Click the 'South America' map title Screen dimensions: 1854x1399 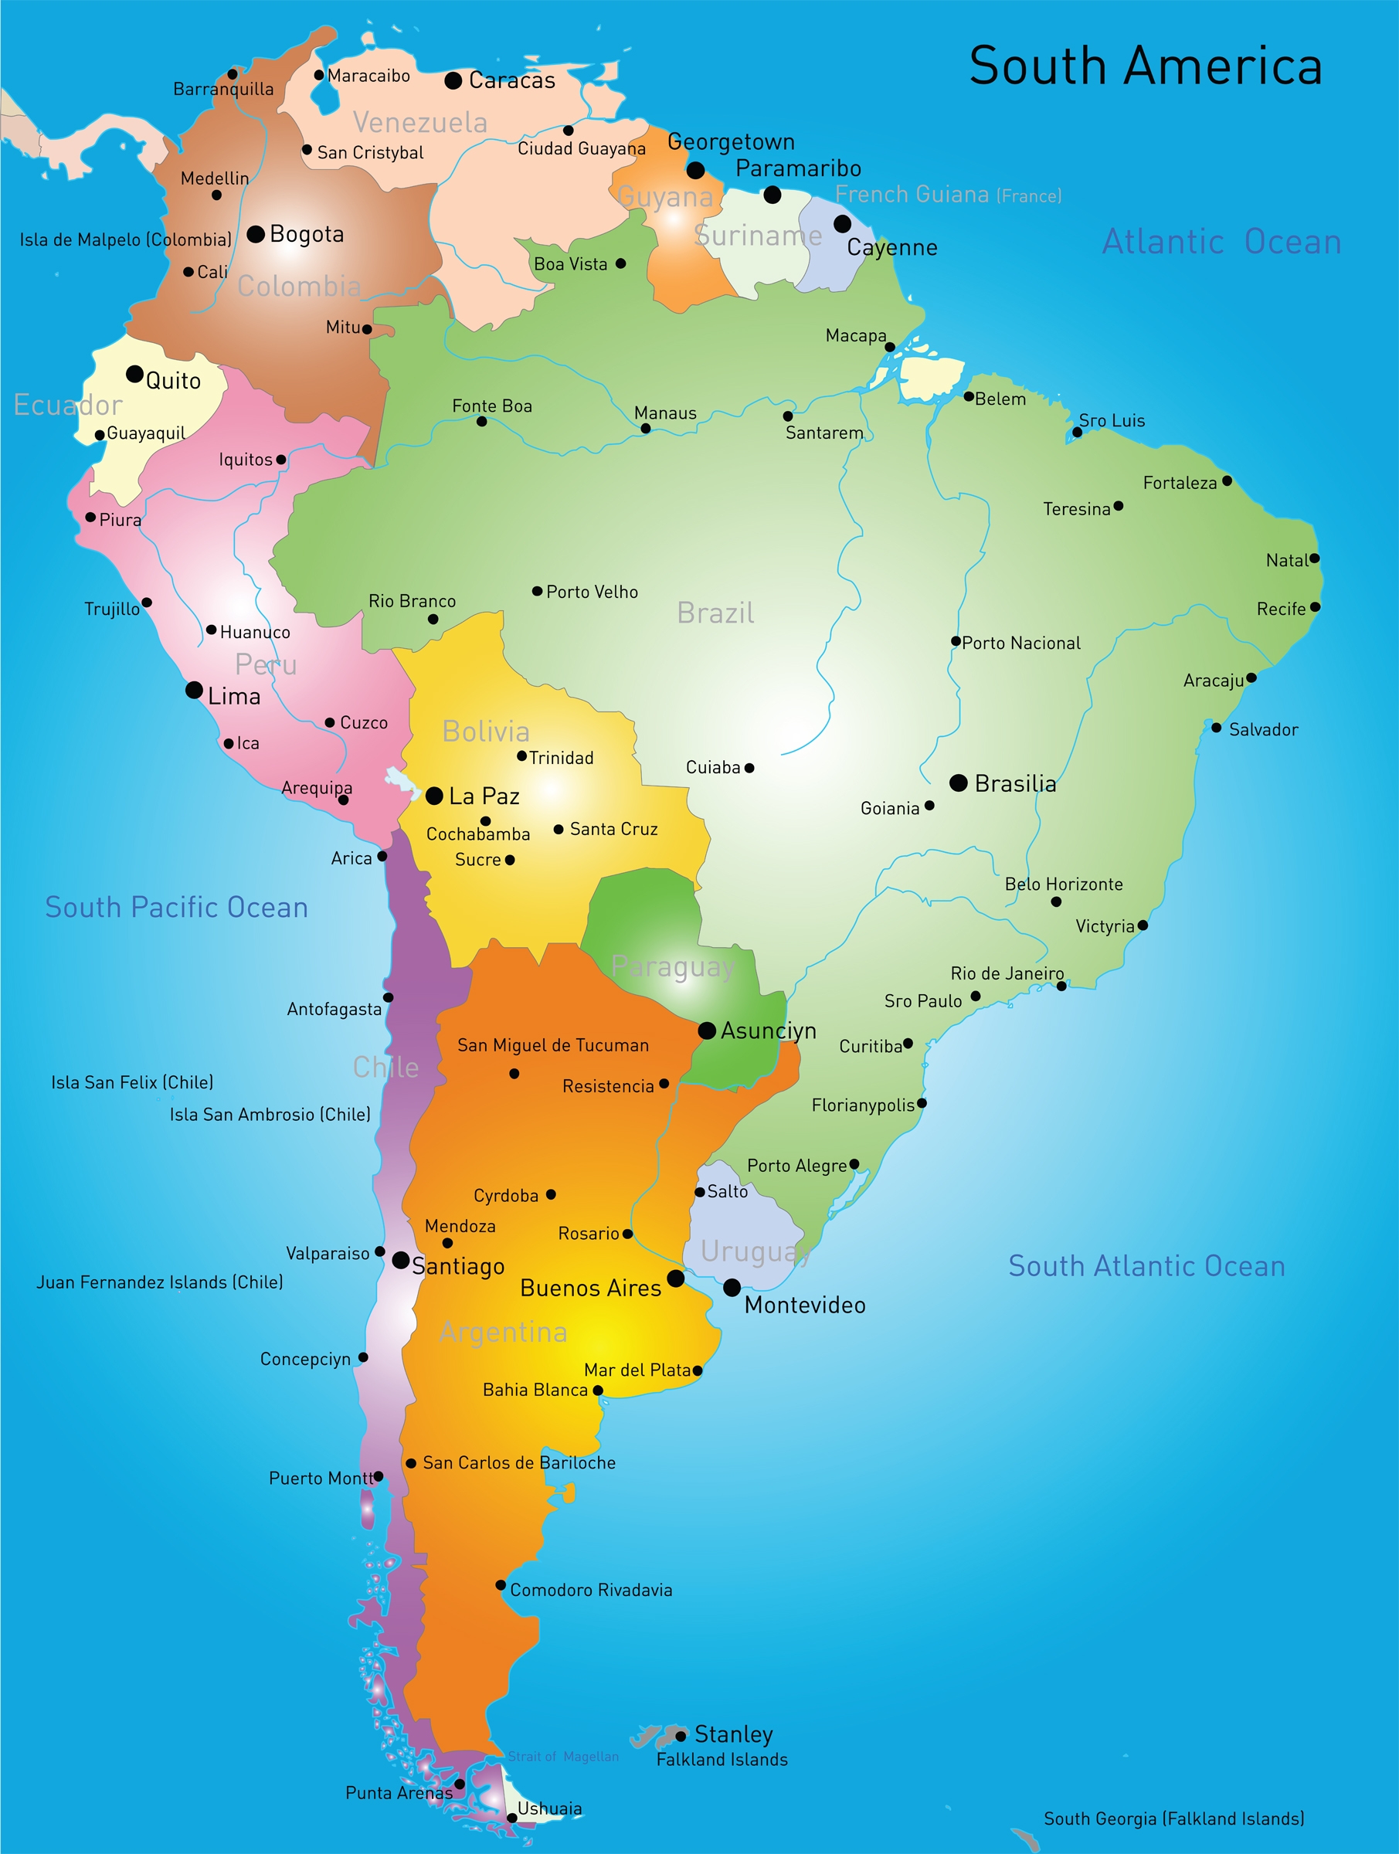pyautogui.click(x=1145, y=66)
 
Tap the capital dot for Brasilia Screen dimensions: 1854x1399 pyautogui.click(x=958, y=783)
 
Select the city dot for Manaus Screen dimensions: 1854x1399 pyautogui.click(x=646, y=428)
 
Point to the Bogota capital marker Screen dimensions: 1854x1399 pyautogui.click(x=256, y=234)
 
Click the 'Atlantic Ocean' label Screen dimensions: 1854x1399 pyautogui.click(x=1221, y=243)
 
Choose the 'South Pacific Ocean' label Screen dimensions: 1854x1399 pyautogui.click(x=177, y=908)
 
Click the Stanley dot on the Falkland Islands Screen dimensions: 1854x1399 pyautogui.click(x=681, y=1735)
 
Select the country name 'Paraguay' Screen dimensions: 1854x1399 pyautogui.click(x=673, y=967)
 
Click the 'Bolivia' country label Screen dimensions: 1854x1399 pyautogui.click(x=486, y=732)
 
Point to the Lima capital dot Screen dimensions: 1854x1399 pyautogui.click(x=194, y=690)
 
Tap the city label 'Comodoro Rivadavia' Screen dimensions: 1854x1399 pyautogui.click(x=591, y=1590)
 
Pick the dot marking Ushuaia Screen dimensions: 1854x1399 pyautogui.click(x=511, y=1818)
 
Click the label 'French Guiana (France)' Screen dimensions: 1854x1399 pyautogui.click(x=948, y=195)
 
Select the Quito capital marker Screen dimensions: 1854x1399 pyautogui.click(x=134, y=374)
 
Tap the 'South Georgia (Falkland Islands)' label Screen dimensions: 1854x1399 pyautogui.click(x=1173, y=1818)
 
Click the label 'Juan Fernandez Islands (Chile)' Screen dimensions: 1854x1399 pyautogui.click(x=159, y=1282)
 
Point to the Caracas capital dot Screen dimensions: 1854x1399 pyautogui.click(x=453, y=80)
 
